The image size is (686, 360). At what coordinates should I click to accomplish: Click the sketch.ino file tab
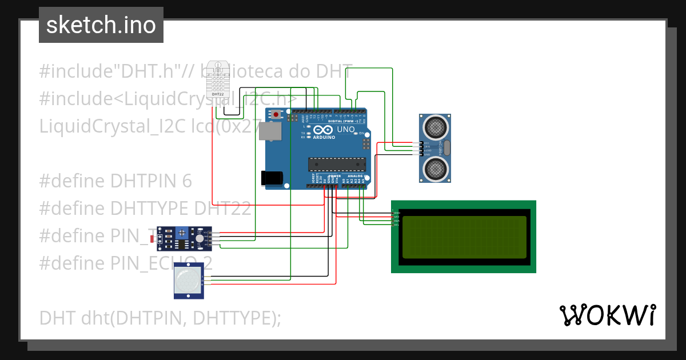point(101,25)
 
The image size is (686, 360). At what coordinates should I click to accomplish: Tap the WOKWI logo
point(607,315)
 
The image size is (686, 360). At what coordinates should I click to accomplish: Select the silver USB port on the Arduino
point(270,131)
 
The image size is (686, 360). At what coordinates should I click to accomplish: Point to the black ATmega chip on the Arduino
point(337,164)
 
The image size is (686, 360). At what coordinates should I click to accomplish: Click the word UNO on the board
point(346,130)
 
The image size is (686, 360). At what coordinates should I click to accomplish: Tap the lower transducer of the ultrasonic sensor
point(435,169)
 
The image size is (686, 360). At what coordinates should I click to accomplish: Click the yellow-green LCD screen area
point(464,237)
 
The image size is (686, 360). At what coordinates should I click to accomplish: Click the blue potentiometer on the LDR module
point(182,233)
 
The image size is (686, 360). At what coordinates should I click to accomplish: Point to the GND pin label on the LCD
point(397,213)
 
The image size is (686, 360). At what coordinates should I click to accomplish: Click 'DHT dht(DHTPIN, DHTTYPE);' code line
point(160,317)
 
